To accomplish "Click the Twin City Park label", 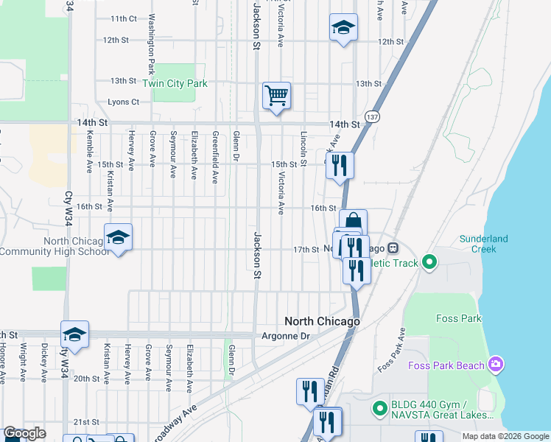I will [175, 83].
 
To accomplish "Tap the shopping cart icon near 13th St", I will [276, 95].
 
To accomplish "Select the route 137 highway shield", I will [373, 117].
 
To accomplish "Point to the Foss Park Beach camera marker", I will [496, 365].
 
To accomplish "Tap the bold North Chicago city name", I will [323, 322].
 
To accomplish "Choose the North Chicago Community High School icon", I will [118, 237].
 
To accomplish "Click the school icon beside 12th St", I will [343, 27].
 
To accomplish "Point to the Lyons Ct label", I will [123, 102].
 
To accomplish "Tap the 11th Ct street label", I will [123, 18].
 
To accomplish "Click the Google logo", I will [24, 433].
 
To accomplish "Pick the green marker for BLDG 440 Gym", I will [379, 407].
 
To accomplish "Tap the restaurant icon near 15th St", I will [340, 165].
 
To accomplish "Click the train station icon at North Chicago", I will [393, 249].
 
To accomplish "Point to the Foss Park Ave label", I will [391, 350].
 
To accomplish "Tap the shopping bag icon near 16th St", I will [354, 221].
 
